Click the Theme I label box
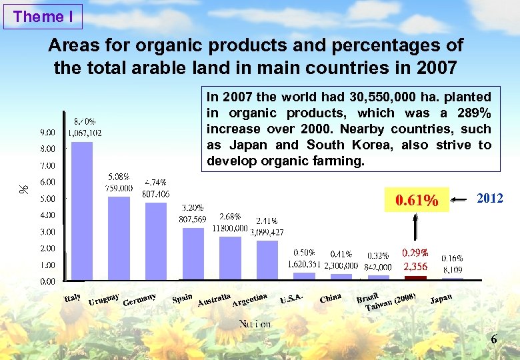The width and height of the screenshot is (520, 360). pyautogui.click(x=43, y=17)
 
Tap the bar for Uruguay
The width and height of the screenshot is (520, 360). pyautogui.click(x=119, y=237)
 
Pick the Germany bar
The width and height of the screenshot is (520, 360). pyautogui.click(x=155, y=240)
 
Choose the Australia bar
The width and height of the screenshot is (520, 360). pyautogui.click(x=230, y=257)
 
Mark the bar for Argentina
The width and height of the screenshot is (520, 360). pyautogui.click(x=267, y=260)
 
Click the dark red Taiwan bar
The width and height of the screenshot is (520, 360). pyautogui.click(x=415, y=277)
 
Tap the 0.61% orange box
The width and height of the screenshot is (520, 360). pyautogui.click(x=417, y=199)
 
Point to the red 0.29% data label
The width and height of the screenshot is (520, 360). pyautogui.click(x=415, y=253)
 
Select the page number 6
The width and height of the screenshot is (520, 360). pyautogui.click(x=494, y=340)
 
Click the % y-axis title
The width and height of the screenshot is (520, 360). pyautogui.click(x=24, y=190)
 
